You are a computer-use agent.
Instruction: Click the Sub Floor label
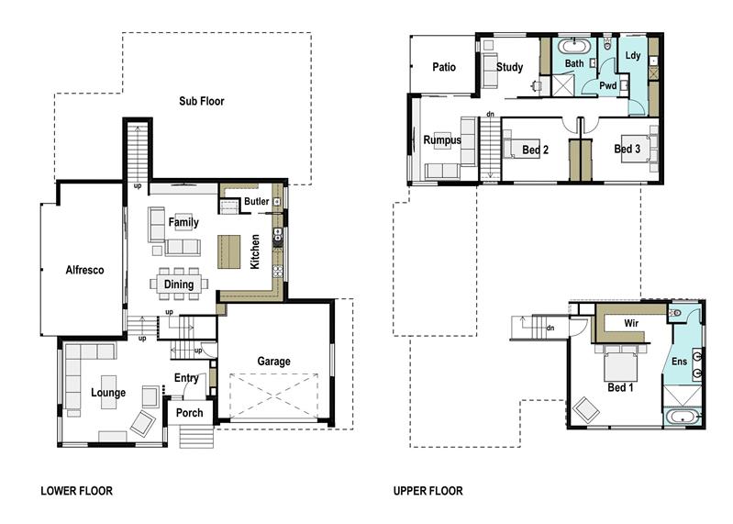pyautogui.click(x=201, y=101)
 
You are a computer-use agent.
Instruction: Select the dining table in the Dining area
pyautogui.click(x=178, y=284)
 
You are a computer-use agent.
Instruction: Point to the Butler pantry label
pyautogui.click(x=256, y=202)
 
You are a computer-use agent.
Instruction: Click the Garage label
pyautogui.click(x=273, y=362)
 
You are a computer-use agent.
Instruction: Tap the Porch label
pyautogui.click(x=189, y=413)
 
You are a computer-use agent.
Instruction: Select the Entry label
pyautogui.click(x=186, y=378)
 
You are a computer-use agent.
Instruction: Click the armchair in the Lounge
pyautogui.click(x=142, y=422)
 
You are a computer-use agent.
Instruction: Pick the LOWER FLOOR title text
pyautogui.click(x=76, y=491)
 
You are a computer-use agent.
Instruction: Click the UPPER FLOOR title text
pyautogui.click(x=428, y=491)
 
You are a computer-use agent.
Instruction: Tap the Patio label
pyautogui.click(x=444, y=66)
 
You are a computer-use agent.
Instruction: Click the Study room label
pyautogui.click(x=509, y=67)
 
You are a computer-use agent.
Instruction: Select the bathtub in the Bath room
pyautogui.click(x=575, y=46)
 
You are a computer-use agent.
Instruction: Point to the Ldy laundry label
pyautogui.click(x=632, y=56)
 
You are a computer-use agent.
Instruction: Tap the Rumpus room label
pyautogui.click(x=442, y=140)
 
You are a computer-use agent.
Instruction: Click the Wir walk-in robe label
pyautogui.click(x=630, y=324)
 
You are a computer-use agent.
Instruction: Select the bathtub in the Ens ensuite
pyautogui.click(x=683, y=418)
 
